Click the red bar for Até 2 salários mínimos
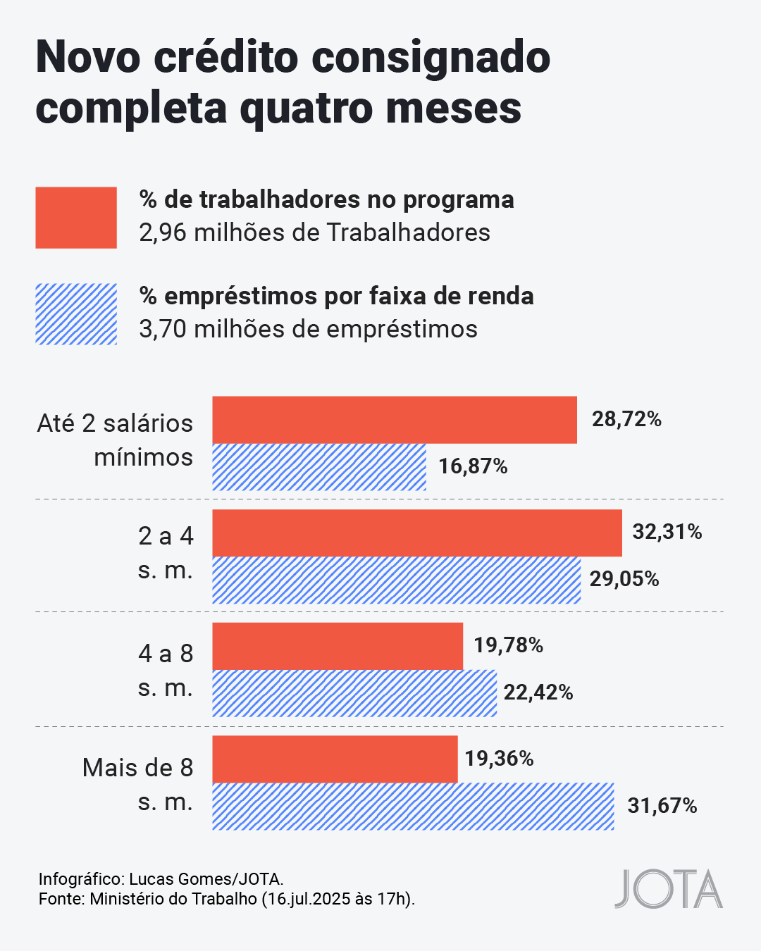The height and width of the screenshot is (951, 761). [395, 420]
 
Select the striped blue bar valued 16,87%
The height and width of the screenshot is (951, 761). [319, 467]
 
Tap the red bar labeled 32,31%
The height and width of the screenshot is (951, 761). [417, 533]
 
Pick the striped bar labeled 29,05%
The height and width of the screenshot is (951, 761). [397, 580]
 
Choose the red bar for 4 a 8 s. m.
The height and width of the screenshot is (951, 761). [338, 646]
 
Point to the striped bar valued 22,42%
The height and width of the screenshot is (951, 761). [354, 693]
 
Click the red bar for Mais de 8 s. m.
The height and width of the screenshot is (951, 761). [335, 759]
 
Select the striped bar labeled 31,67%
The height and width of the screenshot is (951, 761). [413, 806]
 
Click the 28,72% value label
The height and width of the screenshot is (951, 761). [626, 420]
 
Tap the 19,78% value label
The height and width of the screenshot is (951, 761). [508, 645]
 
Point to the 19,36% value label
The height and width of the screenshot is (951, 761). [499, 759]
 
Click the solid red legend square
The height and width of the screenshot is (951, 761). [76, 218]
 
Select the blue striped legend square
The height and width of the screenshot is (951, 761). [76, 314]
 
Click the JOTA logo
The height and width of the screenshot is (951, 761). [668, 889]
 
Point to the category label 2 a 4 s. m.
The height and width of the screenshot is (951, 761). [166, 553]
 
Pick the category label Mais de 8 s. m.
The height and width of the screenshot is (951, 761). [137, 784]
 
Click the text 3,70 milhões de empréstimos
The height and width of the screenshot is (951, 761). [308, 329]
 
